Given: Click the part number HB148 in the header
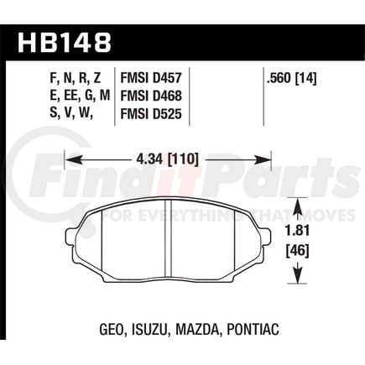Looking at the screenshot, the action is click(65, 43).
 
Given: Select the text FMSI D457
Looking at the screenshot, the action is click(151, 79).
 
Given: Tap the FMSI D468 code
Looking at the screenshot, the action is click(151, 96).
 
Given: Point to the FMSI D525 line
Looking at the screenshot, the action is click(151, 114).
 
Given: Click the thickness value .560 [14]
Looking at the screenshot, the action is click(292, 79).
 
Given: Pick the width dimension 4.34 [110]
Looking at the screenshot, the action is click(167, 159).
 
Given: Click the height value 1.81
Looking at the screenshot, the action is click(298, 232).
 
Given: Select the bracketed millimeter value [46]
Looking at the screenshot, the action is click(298, 251).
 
